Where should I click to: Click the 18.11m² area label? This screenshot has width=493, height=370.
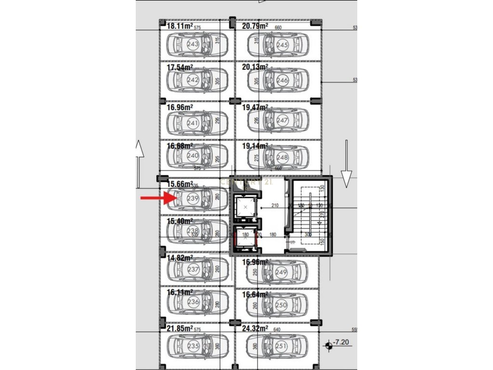[180, 26]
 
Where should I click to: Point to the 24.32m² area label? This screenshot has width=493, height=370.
[255, 329]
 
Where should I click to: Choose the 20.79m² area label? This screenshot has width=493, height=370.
[255, 26]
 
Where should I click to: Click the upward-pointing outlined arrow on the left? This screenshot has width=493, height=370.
[139, 164]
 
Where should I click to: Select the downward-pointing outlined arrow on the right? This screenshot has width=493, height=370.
[346, 164]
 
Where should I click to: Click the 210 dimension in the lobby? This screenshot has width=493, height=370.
[275, 205]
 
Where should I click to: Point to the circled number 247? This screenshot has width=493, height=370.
[283, 120]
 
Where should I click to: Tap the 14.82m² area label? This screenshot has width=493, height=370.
[180, 258]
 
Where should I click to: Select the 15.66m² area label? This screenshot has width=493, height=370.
[180, 184]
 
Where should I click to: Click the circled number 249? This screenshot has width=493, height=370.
[282, 272]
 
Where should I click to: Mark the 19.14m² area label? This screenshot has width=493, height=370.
[255, 145]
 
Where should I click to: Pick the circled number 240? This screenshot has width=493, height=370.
[193, 156]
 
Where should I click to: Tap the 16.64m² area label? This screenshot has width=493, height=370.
[255, 294]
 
